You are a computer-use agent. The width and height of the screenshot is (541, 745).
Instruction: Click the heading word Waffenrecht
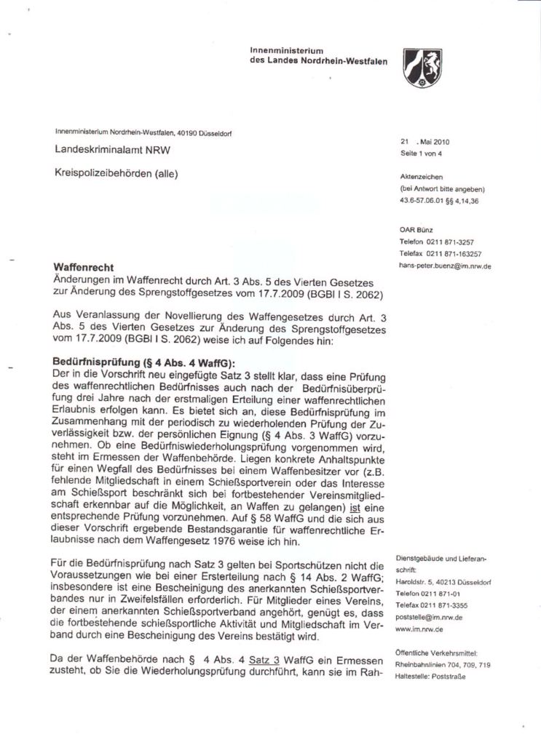[x=84, y=268]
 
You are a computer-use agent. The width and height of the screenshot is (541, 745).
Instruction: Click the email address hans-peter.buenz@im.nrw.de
[x=445, y=266]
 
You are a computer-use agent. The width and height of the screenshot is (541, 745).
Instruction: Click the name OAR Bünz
[x=416, y=228]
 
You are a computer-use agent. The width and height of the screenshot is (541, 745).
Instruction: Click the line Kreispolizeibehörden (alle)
[x=116, y=173]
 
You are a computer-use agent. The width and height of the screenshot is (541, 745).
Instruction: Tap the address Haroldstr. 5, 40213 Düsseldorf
[x=444, y=582]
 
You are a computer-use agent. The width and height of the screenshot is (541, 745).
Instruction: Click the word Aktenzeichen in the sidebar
[x=422, y=177]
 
